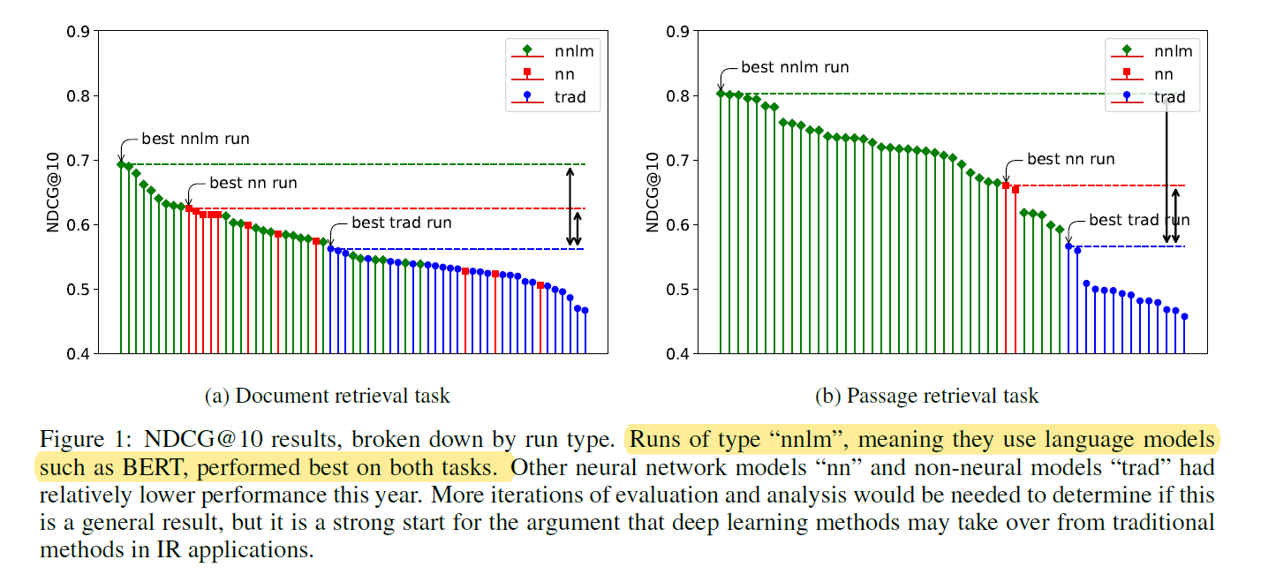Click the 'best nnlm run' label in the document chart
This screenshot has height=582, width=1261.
195,139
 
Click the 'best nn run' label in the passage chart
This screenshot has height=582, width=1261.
1070,159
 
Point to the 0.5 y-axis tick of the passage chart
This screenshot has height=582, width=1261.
676,290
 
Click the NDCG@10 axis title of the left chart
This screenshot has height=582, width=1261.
54,193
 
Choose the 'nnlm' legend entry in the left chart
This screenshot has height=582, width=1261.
570,50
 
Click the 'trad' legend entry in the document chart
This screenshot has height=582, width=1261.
570,97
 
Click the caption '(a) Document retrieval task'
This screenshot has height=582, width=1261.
328,396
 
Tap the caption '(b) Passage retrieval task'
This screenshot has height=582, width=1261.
926,396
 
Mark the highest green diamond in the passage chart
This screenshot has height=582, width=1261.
721,93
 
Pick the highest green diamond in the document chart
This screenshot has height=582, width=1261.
121,164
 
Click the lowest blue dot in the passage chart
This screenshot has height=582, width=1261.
1184,316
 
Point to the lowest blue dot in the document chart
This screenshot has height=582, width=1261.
585,311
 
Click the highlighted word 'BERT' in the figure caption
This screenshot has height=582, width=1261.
129,466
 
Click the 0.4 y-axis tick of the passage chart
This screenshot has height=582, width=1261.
676,354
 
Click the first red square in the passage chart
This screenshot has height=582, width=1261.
1006,185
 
